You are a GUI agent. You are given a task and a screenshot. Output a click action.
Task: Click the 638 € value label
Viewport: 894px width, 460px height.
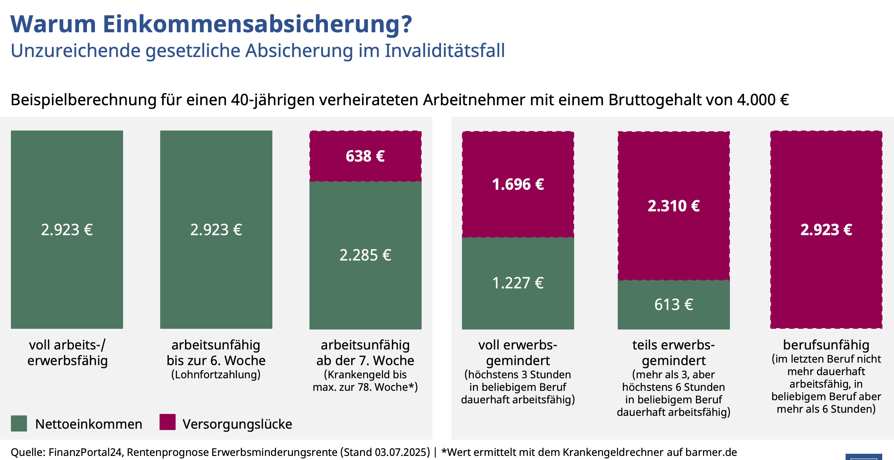click(x=365, y=156)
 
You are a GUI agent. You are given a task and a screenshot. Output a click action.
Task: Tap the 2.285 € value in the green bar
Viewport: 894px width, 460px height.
click(x=365, y=255)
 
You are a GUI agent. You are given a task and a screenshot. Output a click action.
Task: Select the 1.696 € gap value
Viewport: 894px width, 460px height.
click(x=518, y=184)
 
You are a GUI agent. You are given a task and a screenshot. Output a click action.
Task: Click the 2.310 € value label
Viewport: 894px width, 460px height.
click(x=674, y=206)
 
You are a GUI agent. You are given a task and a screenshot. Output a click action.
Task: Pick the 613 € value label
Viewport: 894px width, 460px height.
click(x=674, y=304)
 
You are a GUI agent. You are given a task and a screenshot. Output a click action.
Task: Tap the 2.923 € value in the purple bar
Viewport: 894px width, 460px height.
click(x=826, y=230)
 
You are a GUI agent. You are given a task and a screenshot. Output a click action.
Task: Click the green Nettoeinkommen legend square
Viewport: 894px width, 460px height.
click(x=19, y=423)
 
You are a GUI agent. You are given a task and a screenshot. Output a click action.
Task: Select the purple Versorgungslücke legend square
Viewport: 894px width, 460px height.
click(x=167, y=422)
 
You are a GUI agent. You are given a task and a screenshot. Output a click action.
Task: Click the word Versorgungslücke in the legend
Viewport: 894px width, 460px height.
click(x=238, y=424)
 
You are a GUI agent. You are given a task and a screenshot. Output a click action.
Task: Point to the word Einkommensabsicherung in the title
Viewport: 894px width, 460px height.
click(x=257, y=24)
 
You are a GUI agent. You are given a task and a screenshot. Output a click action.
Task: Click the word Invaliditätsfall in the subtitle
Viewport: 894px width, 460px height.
click(x=445, y=51)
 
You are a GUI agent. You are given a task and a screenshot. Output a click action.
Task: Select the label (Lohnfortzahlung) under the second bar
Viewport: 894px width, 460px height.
click(x=216, y=375)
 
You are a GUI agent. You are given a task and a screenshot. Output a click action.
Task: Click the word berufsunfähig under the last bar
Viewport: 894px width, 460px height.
click(x=826, y=345)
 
